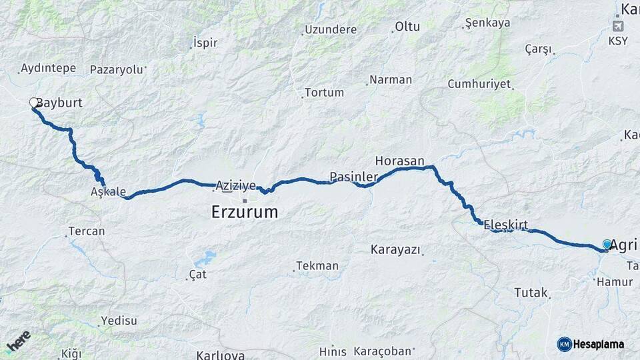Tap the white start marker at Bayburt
[33, 103]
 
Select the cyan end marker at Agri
[607, 245]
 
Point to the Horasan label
[399, 161]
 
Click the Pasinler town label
[353, 177]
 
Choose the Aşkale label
[108, 192]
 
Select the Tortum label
[324, 93]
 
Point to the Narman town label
[391, 79]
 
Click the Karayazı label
[396, 249]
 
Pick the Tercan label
[87, 231]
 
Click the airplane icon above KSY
[618, 26]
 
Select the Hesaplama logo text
[598, 344]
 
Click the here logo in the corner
[18, 341]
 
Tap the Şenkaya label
[487, 23]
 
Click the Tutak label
[531, 292]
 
